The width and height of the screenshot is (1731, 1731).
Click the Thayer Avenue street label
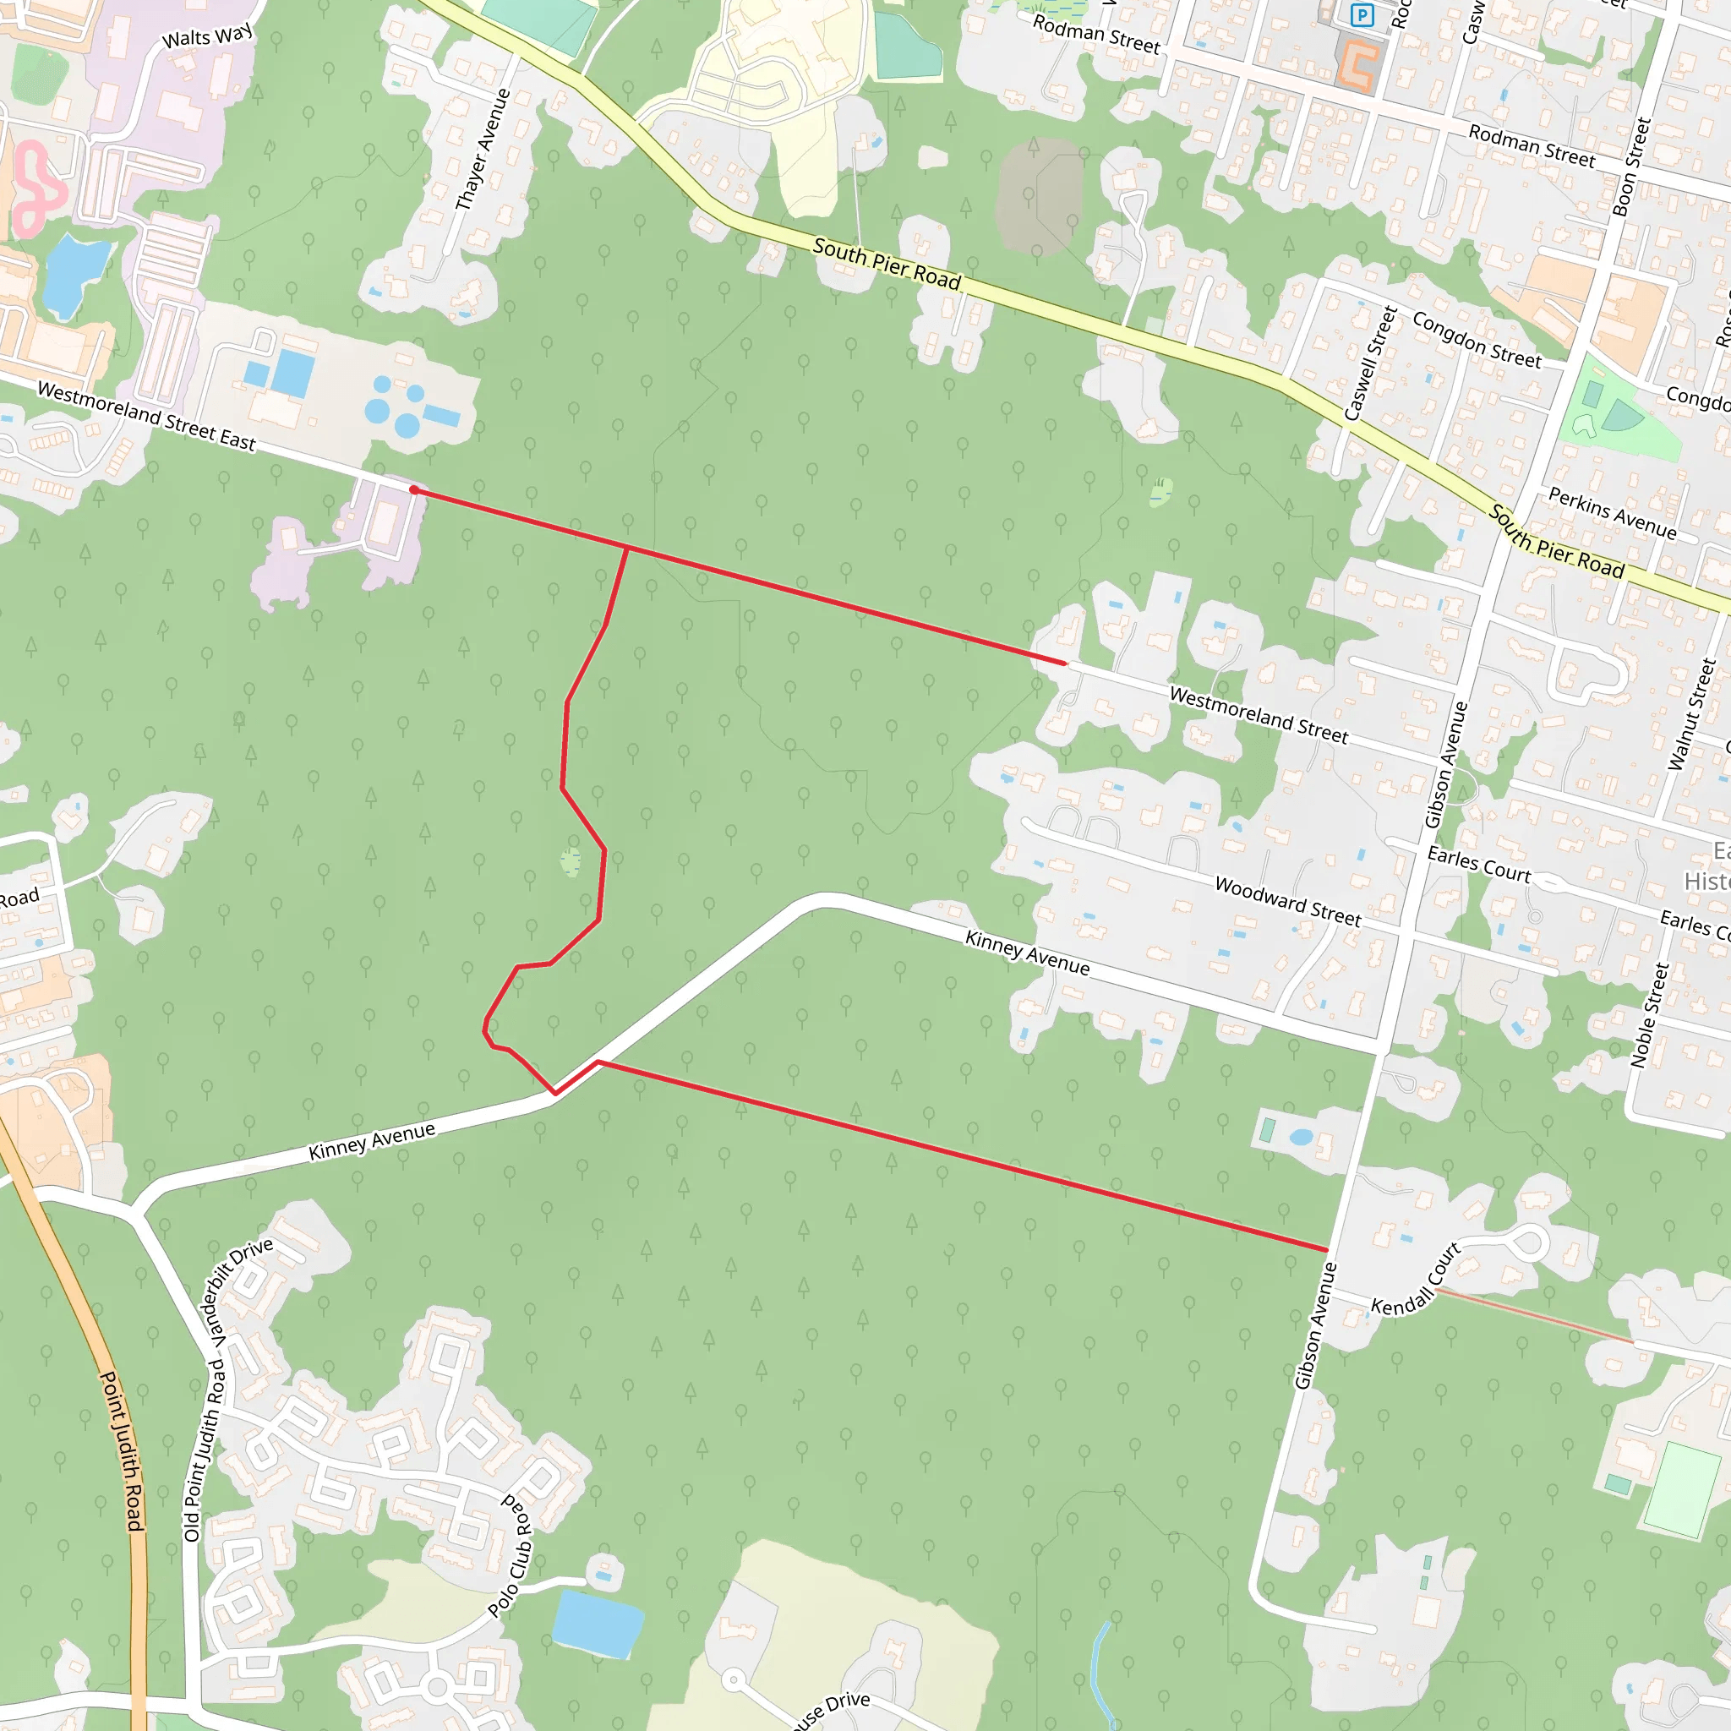pos(483,150)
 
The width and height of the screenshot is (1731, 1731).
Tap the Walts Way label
pos(208,36)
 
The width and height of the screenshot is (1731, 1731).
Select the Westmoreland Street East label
pos(147,417)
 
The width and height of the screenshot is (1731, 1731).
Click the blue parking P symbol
pos(1362,15)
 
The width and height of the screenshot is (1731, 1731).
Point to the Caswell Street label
pos(1371,363)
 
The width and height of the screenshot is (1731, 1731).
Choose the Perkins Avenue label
pos(1612,513)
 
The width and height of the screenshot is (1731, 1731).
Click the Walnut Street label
pos(1691,714)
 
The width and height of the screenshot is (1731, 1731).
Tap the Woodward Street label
pos(1287,901)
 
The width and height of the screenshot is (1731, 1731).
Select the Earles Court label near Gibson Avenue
pos(1478,865)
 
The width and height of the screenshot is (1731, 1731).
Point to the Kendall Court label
pos(1416,1281)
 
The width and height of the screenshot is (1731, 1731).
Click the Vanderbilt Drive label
pos(241,1289)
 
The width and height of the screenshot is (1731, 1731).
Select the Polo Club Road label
pos(511,1555)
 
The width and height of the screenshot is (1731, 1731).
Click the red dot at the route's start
pos(414,490)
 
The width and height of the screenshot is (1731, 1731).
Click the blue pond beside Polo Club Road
pos(597,1624)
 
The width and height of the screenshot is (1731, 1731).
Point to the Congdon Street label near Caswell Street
pos(1477,340)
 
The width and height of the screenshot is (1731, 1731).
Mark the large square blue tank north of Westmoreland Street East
pos(292,372)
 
